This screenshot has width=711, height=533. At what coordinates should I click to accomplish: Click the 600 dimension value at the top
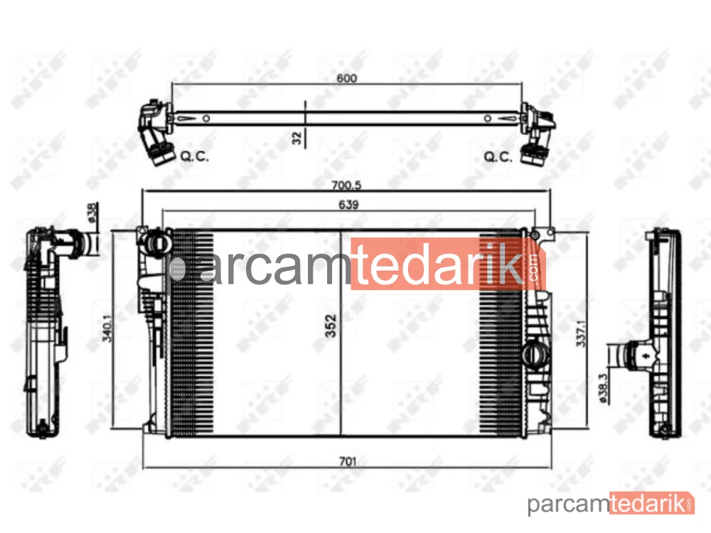[346, 78]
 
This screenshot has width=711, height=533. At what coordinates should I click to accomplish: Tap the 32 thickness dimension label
[297, 138]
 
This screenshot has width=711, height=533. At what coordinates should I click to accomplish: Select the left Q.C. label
[195, 156]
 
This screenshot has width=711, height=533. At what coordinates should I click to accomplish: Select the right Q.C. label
[498, 157]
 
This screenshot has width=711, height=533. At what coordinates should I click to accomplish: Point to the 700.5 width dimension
[346, 185]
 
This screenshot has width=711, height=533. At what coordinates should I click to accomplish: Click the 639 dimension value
[348, 205]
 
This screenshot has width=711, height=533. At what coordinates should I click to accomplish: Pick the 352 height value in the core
[331, 326]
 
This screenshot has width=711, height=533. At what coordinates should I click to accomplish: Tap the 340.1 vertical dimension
[107, 328]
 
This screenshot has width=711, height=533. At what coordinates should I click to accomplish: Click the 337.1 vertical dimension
[581, 333]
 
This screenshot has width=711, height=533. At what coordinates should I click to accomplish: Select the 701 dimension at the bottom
[348, 461]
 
